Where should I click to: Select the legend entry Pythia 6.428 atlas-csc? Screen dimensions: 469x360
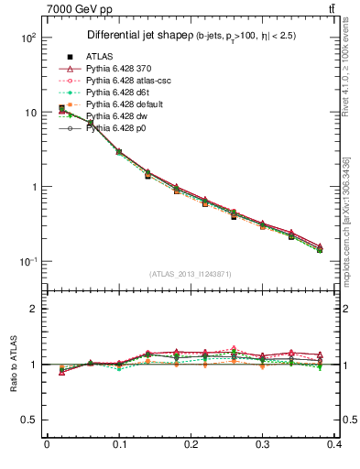132,81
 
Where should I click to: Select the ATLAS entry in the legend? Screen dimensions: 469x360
101,57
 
